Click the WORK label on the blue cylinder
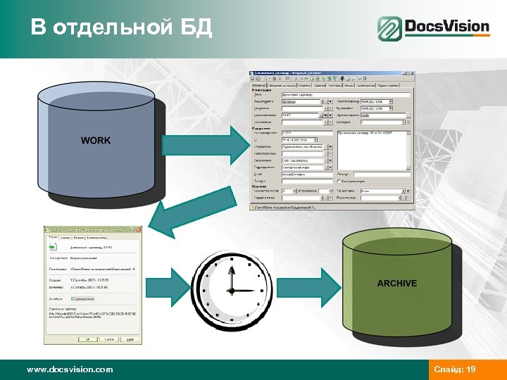96,141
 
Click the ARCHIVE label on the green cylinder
396,283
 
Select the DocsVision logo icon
389,29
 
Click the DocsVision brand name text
446,27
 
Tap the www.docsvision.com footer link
69,369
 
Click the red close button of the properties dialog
138,229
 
